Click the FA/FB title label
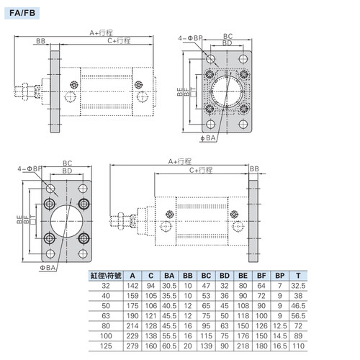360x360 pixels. pos(22,13)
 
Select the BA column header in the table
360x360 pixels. pos(169,276)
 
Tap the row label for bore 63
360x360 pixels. pos(106,316)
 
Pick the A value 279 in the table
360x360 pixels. pos(132,346)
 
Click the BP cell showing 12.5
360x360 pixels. pos(280,326)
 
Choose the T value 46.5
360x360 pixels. pos(298,306)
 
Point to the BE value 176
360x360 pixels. pos(243,336)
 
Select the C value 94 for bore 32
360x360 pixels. pos(150,286)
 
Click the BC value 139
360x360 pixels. pos(206,346)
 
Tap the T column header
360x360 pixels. pos(298,276)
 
